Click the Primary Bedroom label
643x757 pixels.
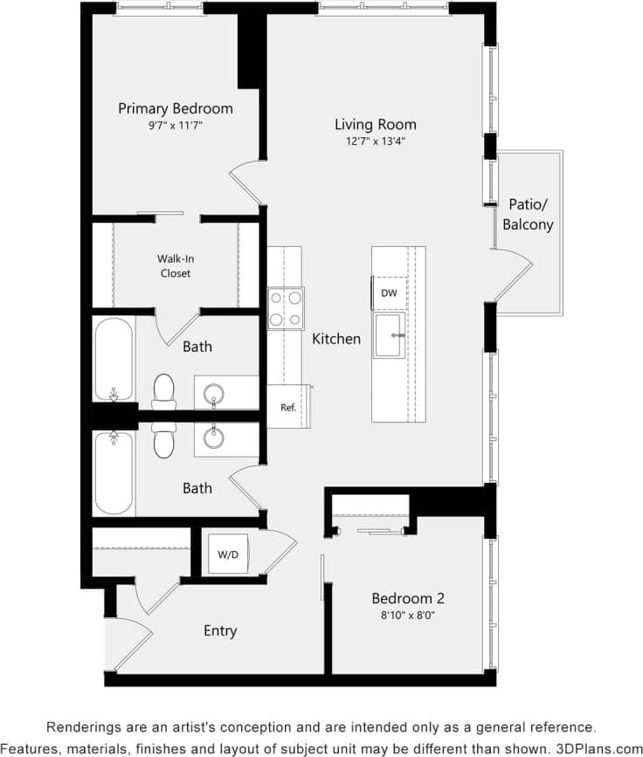click(x=176, y=109)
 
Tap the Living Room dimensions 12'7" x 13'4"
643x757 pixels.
click(x=376, y=141)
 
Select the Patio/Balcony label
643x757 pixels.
click(x=528, y=214)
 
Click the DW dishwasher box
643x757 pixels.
click(x=389, y=293)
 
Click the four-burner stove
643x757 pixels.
click(x=286, y=307)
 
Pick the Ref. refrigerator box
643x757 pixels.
click(x=287, y=407)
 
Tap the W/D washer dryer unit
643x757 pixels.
click(x=227, y=554)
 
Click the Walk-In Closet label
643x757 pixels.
click(x=174, y=265)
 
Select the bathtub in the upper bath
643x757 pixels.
click(x=114, y=358)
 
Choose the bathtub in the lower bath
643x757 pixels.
click(x=114, y=472)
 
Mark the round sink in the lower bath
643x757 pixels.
click(x=213, y=434)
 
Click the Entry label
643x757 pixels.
click(x=220, y=630)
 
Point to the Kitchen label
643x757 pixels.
click(x=336, y=339)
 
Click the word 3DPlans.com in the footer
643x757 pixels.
click(x=599, y=748)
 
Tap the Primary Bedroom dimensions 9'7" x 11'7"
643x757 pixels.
click(x=176, y=126)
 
